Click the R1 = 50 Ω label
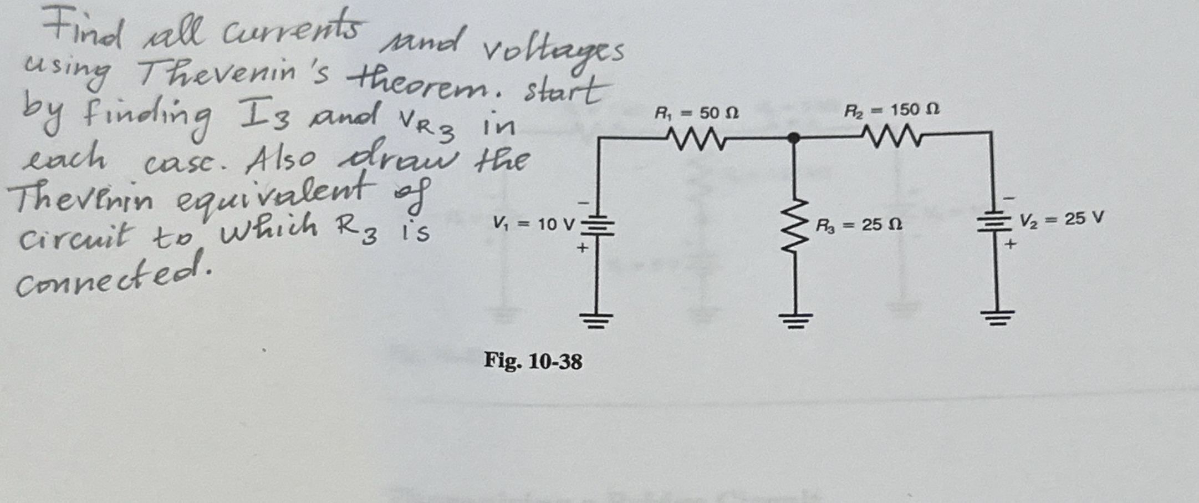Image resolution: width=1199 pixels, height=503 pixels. (x=696, y=114)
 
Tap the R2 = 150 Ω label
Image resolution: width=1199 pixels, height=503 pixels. (x=891, y=110)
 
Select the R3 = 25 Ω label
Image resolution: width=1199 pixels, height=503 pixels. (x=858, y=225)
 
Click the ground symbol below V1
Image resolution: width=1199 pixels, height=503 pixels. (x=596, y=319)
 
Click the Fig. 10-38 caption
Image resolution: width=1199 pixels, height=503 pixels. (x=533, y=362)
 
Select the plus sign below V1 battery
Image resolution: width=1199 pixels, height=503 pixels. (x=581, y=249)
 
